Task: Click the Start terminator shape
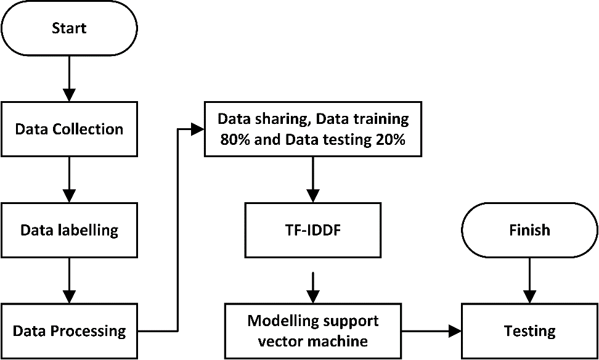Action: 69,28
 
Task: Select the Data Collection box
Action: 69,129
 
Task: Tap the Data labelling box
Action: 69,231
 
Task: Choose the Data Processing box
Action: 69,331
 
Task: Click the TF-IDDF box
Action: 313,231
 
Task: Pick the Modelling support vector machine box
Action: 313,331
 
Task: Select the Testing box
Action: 529,331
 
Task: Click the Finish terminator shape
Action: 529,231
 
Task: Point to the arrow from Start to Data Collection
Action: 69,78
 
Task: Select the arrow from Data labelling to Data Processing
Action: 69,281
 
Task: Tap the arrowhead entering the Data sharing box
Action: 198,129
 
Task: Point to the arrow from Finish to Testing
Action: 529,280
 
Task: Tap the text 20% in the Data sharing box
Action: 389,140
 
